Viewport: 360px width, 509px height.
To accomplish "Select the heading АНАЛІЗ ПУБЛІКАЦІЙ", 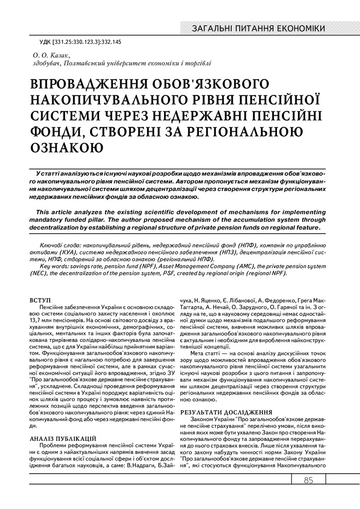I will coord(63,437).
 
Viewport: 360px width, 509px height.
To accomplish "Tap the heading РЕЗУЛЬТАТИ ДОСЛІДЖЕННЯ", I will coord(226,412).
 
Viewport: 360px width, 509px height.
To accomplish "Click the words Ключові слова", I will coord(60,246).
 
